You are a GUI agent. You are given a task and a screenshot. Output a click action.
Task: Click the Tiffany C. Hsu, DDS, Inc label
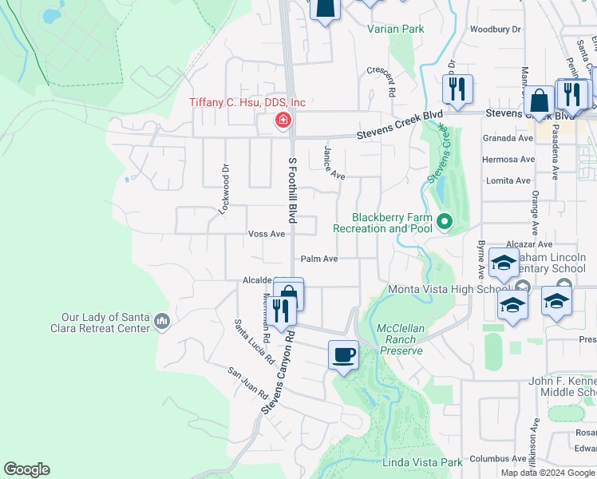tap(247, 103)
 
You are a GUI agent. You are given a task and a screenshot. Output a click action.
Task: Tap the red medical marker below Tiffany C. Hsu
tap(282, 121)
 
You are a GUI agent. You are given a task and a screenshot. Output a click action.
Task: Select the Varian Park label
tap(395, 30)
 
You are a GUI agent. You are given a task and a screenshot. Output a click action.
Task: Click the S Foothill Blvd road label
tap(291, 190)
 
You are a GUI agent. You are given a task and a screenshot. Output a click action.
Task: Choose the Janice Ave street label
tap(334, 163)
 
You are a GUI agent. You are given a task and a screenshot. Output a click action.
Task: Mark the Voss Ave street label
tap(267, 234)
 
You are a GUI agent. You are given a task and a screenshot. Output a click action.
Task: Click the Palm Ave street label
tap(319, 259)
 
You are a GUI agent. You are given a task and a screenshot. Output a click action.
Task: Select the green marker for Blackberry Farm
tap(445, 222)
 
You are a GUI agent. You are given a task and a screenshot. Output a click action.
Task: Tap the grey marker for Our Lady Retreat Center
tap(162, 321)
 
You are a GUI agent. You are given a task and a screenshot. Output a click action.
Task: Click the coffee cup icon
tap(343, 354)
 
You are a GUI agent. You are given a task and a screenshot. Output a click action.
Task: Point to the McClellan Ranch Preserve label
tap(402, 339)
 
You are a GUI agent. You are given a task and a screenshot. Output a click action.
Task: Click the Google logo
tap(27, 469)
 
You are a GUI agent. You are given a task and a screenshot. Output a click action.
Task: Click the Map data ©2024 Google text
tap(547, 473)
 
